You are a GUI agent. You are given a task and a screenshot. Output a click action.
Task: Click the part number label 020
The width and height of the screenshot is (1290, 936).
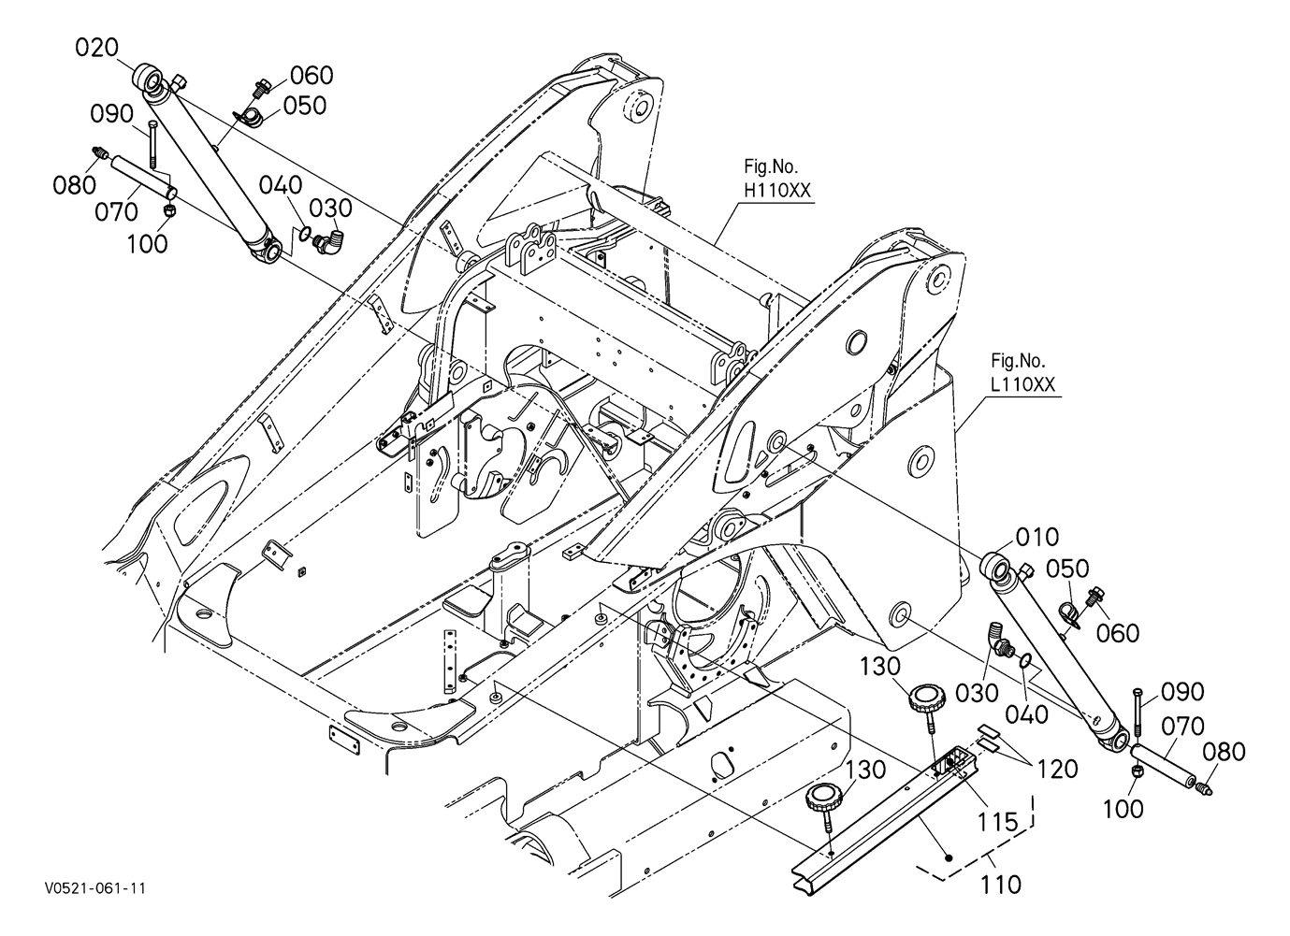point(95,48)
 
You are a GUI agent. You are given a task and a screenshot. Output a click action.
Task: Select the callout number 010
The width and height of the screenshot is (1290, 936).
point(1037,538)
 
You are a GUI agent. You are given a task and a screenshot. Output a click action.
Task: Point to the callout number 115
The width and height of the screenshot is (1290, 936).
point(998,822)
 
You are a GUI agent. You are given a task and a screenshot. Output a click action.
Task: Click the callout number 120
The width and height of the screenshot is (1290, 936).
point(1057,769)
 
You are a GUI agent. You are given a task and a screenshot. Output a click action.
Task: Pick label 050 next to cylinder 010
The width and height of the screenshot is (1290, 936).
point(1068,569)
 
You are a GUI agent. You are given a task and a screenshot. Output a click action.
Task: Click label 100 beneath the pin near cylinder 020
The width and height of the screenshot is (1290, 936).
point(147,244)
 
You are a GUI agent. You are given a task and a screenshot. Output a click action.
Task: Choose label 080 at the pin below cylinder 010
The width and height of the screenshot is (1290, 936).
point(1224,752)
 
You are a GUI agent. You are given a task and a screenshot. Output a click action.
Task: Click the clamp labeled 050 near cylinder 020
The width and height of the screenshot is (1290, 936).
point(249,116)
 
